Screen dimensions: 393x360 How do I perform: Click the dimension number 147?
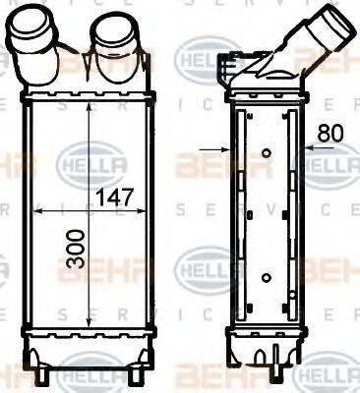(x=116, y=196)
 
